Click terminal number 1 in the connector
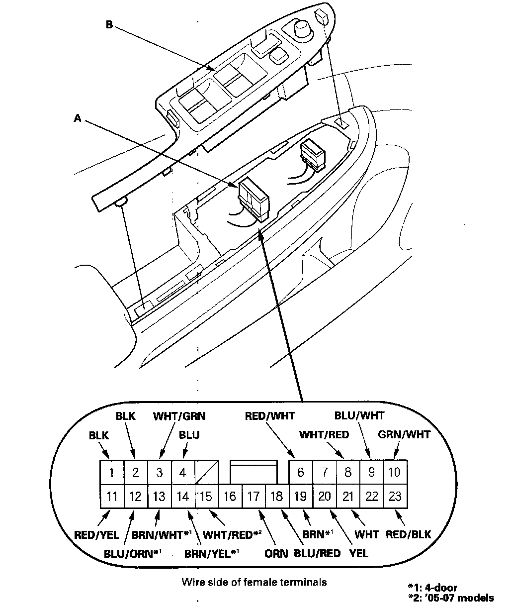click(x=112, y=472)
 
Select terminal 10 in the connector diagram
click(x=395, y=472)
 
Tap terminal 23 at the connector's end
click(x=395, y=496)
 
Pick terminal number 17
click(x=254, y=496)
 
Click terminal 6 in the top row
click(x=300, y=472)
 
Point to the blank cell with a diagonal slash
click(x=206, y=472)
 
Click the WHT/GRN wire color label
click(x=179, y=415)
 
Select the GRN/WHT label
click(x=404, y=434)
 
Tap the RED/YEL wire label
click(x=96, y=535)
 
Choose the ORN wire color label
click(x=276, y=553)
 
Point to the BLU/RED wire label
click(x=317, y=553)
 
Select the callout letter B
click(x=109, y=24)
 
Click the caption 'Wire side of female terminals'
click(x=254, y=581)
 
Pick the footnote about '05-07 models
click(x=450, y=598)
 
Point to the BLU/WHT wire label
click(x=359, y=415)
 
